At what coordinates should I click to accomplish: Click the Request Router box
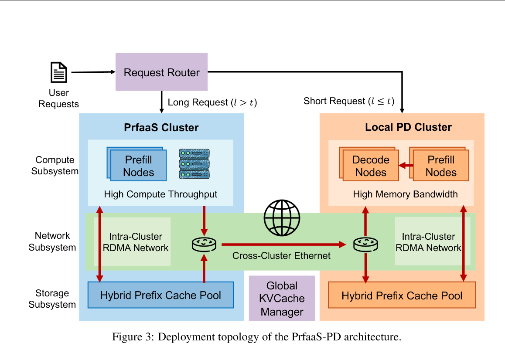(161, 72)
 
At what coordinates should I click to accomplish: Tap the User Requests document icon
(59, 72)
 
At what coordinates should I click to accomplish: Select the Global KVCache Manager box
(282, 299)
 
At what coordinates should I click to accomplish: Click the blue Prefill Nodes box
(138, 166)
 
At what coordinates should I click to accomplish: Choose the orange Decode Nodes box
(371, 166)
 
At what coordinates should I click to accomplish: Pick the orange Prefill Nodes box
(440, 166)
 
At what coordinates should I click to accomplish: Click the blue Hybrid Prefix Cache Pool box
(160, 295)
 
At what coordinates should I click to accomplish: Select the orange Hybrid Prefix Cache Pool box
(402, 295)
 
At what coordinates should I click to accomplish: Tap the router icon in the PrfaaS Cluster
(204, 245)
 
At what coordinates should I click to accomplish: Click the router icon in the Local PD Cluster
(365, 245)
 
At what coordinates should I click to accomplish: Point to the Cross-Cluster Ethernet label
(281, 256)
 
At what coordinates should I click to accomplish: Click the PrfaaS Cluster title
(161, 128)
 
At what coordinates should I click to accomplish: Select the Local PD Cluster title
(408, 128)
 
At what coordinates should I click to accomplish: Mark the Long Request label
(212, 102)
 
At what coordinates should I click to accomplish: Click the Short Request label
(349, 102)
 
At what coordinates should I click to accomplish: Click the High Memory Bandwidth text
(405, 194)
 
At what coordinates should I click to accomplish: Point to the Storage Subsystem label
(52, 299)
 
